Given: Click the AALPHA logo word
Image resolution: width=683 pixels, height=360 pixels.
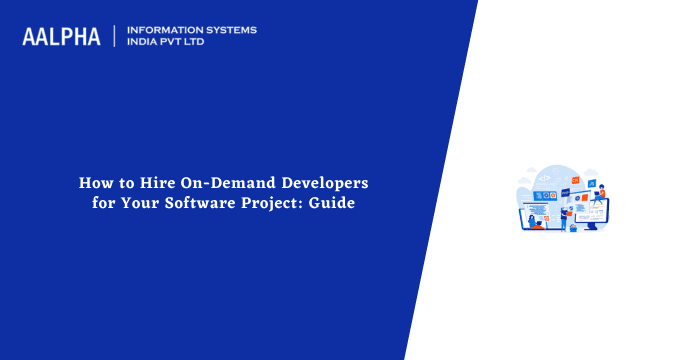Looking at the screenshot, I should tap(61, 37).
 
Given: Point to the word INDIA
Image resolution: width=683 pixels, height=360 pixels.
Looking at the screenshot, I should tap(144, 43).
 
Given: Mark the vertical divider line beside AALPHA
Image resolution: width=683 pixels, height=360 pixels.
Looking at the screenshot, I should tap(115, 36).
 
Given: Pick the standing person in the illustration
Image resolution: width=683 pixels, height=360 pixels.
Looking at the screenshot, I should tap(563, 215).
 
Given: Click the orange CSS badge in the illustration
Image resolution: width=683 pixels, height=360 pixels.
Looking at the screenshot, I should tap(575, 180).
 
